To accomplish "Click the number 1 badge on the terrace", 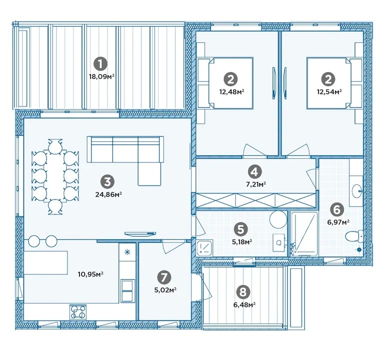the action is [x=100, y=64].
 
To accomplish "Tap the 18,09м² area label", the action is [x=101, y=76].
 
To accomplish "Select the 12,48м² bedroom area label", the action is [x=231, y=92].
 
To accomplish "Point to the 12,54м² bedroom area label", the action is [x=329, y=92].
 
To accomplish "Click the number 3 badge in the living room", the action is [x=107, y=182].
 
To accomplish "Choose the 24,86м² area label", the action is [x=108, y=194].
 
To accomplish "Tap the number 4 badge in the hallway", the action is [x=255, y=171].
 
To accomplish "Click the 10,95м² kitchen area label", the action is [x=90, y=274].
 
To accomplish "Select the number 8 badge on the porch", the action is [x=243, y=292].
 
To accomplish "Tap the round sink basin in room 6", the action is [x=357, y=191].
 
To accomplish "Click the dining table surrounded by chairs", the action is [x=55, y=175].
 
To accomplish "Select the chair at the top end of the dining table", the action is [x=55, y=145].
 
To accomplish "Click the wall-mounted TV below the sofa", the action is [x=140, y=233].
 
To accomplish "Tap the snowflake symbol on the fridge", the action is [x=127, y=252].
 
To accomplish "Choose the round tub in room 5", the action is [x=278, y=220].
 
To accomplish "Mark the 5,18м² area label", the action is [x=242, y=241].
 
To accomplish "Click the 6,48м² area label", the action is [x=244, y=304].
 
